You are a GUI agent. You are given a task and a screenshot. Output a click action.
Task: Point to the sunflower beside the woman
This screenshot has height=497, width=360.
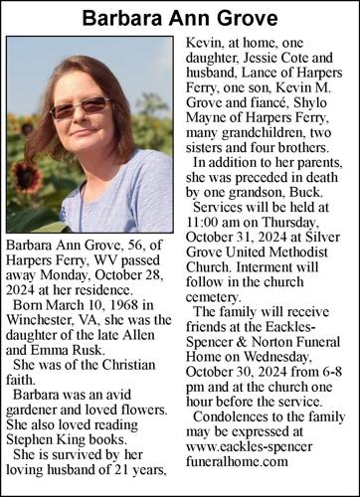coord(27,180)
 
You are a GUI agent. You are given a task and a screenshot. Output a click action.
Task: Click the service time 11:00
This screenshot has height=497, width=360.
coord(206,218)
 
